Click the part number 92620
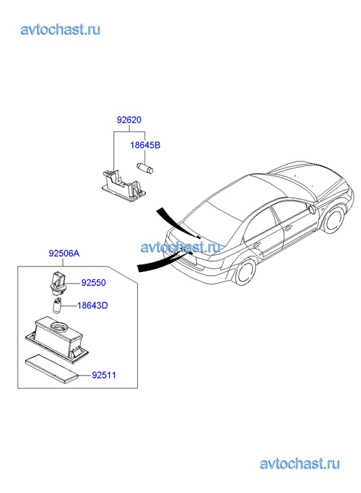(x=129, y=120)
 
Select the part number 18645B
(x=145, y=145)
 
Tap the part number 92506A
(x=64, y=253)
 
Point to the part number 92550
(x=94, y=283)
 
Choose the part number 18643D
(x=92, y=305)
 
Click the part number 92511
(x=104, y=375)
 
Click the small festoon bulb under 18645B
(x=145, y=168)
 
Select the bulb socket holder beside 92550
(x=58, y=282)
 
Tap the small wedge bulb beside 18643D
(x=56, y=306)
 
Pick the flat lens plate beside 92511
(x=52, y=368)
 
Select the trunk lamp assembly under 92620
(x=123, y=185)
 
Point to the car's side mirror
(x=311, y=209)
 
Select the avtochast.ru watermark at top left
(x=61, y=30)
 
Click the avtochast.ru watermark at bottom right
(x=300, y=463)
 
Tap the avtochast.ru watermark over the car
(x=180, y=247)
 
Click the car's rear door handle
(x=256, y=245)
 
